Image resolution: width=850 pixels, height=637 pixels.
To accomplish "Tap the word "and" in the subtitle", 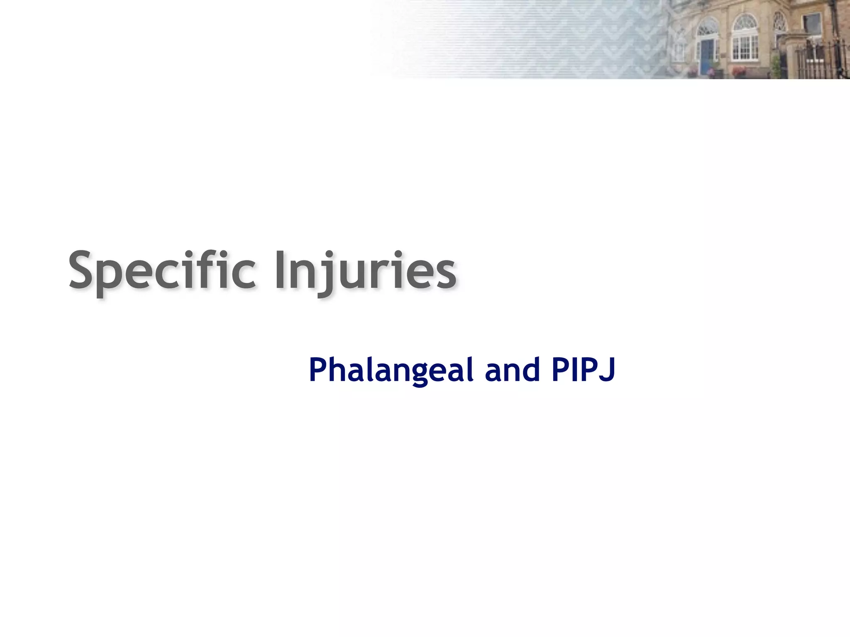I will (513, 370).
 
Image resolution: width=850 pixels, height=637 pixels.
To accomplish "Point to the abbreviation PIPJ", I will (583, 370).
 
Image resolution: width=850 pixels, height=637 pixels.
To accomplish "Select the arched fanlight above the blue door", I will (707, 28).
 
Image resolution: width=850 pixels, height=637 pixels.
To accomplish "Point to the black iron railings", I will (824, 60).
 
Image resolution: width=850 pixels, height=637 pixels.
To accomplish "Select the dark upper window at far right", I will (812, 23).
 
